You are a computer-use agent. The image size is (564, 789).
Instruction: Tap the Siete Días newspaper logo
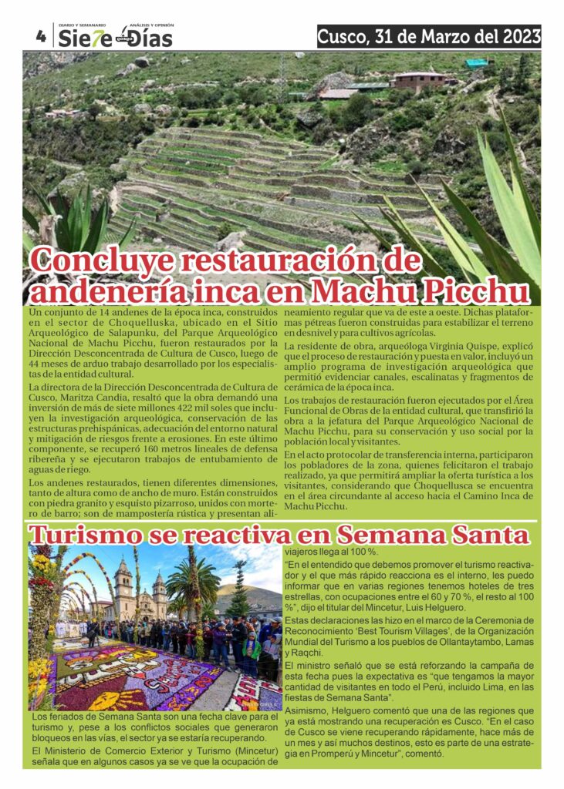116,38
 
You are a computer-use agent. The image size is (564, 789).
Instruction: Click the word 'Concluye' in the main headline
112,261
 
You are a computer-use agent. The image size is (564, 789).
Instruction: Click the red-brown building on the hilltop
418,80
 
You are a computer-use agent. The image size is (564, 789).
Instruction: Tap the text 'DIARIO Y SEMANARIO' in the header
83,25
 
